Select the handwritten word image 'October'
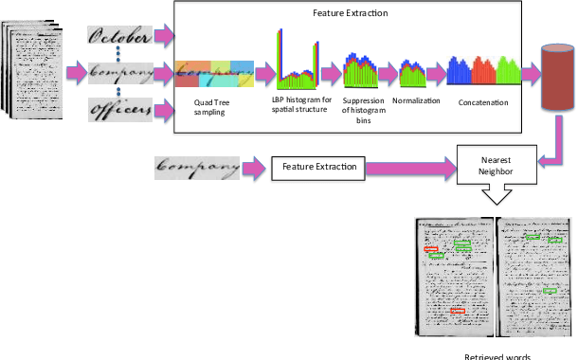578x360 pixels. tap(120, 36)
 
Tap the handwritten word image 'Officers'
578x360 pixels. tap(120, 110)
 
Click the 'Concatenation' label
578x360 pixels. tap(485, 103)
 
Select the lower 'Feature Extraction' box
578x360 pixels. tap(319, 169)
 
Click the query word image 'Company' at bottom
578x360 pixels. tap(196, 169)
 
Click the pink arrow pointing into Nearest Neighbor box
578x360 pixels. tap(407, 169)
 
